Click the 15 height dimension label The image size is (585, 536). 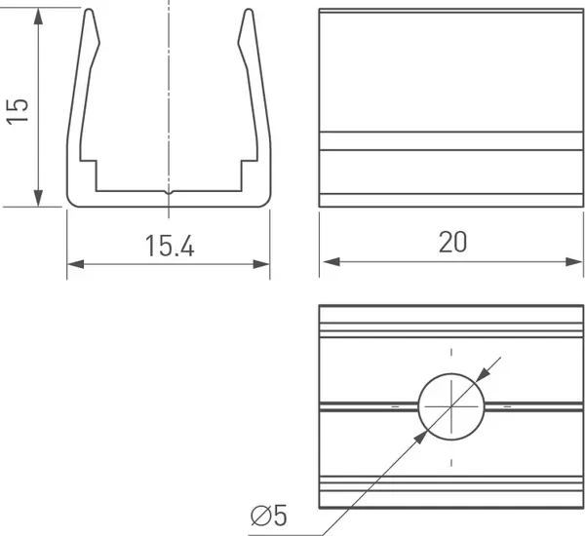coord(18,111)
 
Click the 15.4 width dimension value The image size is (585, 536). coord(170,247)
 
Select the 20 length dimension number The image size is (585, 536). coord(452,242)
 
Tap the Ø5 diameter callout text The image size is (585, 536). coord(269,516)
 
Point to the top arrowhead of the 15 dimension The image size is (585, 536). coord(38,17)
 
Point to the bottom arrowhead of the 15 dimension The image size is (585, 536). coord(38,198)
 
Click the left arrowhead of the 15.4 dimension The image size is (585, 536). coord(76,264)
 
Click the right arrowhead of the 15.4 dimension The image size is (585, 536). coord(260,264)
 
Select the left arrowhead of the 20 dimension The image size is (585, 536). coord(331,261)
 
